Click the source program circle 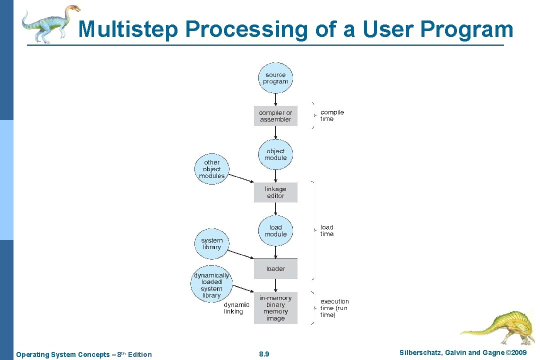pos(275,78)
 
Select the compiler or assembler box pos(275,116)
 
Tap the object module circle pos(275,154)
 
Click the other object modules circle pos(211,169)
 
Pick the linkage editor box pos(275,192)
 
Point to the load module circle pos(275,230)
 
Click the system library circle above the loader pos(211,243)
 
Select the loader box pos(275,268)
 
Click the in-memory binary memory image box pos(275,308)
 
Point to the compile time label pos(332,115)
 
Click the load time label pos(327,230)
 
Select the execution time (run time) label pos(334,308)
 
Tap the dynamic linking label pos(236,308)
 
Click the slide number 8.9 pos(264,354)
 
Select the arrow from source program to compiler pos(275,99)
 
